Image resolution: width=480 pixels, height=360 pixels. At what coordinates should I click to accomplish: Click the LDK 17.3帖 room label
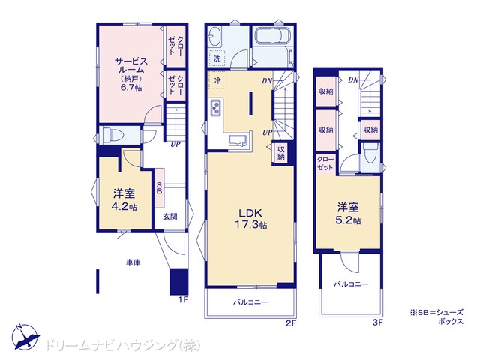250,218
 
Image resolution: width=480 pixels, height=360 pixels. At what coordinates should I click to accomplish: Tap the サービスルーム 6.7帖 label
131,73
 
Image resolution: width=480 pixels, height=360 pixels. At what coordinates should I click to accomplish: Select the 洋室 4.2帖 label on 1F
124,200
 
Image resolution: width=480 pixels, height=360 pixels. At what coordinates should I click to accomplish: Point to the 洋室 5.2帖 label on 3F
348,213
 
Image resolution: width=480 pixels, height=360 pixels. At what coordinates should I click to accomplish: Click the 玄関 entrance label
170,217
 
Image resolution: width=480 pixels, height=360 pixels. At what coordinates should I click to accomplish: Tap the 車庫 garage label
133,262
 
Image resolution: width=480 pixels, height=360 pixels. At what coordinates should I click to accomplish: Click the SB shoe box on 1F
159,187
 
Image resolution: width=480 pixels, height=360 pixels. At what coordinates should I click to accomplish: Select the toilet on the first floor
112,134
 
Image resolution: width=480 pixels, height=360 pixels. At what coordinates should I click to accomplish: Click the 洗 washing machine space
217,58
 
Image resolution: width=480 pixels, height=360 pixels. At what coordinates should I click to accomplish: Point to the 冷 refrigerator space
217,80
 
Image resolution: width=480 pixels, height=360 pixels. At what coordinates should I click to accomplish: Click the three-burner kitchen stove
215,108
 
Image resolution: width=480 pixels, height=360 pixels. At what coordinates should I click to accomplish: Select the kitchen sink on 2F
238,139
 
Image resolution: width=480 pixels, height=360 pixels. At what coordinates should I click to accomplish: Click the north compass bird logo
25,337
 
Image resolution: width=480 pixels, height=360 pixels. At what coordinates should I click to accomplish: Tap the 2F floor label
291,322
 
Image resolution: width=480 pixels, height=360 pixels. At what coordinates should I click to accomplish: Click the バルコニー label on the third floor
351,284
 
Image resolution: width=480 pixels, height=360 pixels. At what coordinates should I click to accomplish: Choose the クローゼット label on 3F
325,163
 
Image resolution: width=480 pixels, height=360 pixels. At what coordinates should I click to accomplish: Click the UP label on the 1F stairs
175,144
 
